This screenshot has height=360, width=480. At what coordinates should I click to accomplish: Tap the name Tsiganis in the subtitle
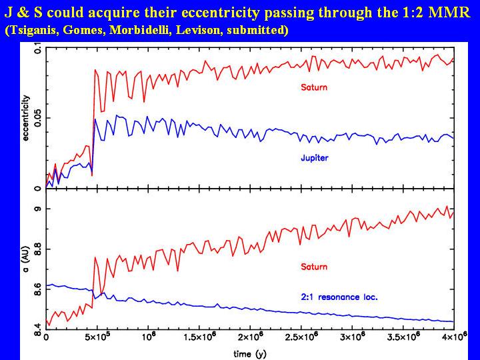[x=35, y=31]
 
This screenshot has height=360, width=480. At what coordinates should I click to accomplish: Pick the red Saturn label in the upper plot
[x=314, y=87]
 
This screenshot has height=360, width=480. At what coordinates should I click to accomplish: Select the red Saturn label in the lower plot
[x=314, y=267]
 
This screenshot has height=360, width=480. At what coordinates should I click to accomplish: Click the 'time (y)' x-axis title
[x=249, y=353]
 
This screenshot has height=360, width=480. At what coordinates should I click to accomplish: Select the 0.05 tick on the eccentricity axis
[x=37, y=119]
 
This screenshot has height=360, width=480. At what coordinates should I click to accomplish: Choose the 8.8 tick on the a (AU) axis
[x=37, y=249]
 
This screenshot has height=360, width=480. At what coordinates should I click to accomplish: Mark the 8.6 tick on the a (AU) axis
[x=37, y=289]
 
